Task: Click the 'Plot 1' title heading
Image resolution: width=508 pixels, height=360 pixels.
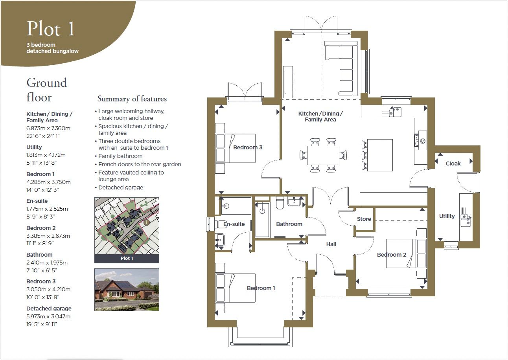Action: (x=51, y=29)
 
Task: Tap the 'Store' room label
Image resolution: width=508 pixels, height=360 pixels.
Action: (x=364, y=219)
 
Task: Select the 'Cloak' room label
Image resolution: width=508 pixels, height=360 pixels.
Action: (x=453, y=163)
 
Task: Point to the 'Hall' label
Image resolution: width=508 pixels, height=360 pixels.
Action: (x=331, y=244)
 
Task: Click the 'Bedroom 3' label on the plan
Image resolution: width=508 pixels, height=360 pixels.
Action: (x=248, y=147)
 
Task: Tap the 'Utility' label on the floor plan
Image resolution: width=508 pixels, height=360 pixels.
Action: (x=447, y=216)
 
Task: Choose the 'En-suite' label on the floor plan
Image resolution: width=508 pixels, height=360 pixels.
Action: (x=234, y=224)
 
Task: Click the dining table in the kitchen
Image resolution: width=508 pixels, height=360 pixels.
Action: (x=323, y=155)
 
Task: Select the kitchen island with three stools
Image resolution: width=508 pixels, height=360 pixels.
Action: (x=377, y=155)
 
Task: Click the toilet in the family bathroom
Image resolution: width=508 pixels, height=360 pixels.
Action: (x=280, y=202)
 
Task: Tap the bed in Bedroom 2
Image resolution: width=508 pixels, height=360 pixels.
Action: (x=406, y=253)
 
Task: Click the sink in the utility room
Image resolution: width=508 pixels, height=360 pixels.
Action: (x=466, y=220)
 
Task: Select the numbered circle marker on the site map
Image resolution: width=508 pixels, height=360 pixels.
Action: (x=147, y=222)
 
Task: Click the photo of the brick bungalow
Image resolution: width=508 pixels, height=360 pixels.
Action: (x=127, y=290)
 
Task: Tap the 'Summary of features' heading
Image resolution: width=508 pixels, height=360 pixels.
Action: (x=132, y=99)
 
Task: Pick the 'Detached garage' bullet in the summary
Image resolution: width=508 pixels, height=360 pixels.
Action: (x=121, y=187)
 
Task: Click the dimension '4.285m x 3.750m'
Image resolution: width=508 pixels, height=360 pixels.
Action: (x=48, y=182)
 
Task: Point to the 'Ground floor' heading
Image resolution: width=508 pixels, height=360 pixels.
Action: (x=46, y=90)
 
